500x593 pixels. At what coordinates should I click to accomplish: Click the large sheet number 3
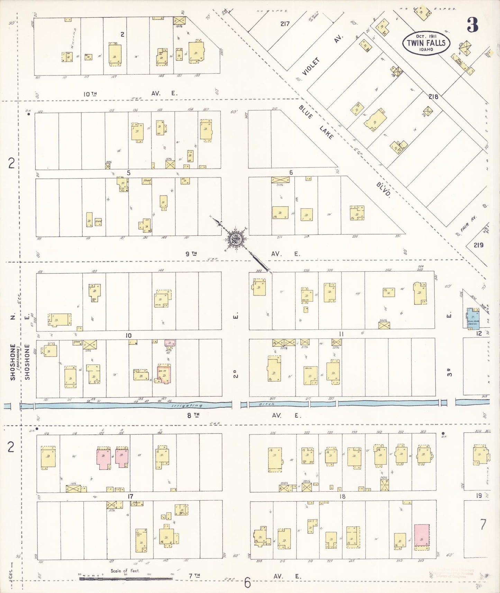tap(472, 25)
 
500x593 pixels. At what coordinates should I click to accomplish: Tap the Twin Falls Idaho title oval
tap(426, 43)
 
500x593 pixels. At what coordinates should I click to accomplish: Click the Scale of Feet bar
tap(126, 578)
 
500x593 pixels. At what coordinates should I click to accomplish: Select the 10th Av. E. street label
tap(91, 94)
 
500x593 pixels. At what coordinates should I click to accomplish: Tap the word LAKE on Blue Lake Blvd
tap(326, 132)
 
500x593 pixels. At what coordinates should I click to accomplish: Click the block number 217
tap(285, 24)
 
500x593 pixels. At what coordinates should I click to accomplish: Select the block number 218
tap(433, 97)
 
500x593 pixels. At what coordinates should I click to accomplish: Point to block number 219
tap(478, 245)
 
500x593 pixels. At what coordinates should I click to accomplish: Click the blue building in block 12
tap(472, 318)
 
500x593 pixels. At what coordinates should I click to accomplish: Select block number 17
tap(130, 496)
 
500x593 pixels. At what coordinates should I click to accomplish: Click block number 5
tap(128, 173)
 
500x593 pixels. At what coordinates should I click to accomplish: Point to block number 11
tap(341, 334)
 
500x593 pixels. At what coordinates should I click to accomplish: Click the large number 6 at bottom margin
tap(247, 583)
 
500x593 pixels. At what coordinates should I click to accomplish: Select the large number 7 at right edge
tap(483, 524)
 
